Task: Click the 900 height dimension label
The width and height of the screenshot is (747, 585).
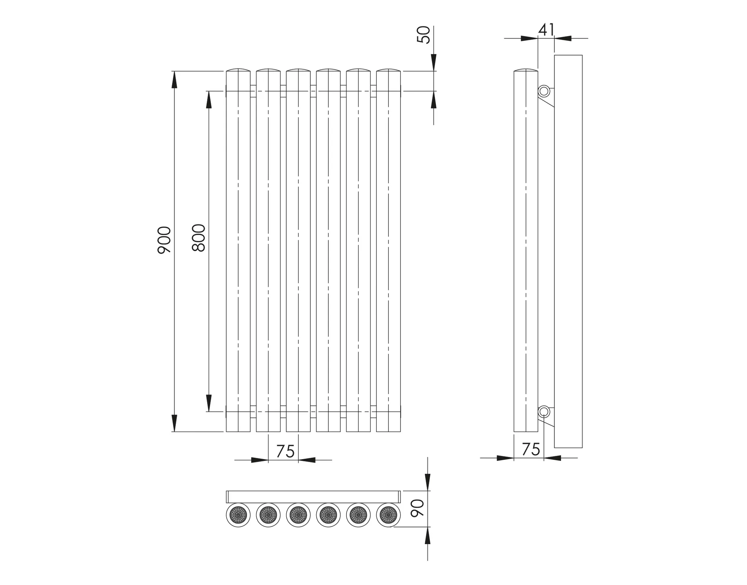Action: (x=164, y=240)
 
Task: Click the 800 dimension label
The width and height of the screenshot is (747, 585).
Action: (x=199, y=238)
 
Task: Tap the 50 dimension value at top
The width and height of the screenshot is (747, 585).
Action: (x=424, y=35)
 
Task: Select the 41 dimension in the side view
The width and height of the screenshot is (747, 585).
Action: (x=546, y=30)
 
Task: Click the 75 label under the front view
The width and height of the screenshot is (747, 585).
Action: (x=285, y=451)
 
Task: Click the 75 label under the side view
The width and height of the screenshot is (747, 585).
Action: (x=531, y=449)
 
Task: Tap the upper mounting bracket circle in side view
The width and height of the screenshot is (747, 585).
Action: (x=544, y=91)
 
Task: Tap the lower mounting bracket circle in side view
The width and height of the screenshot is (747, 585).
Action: (x=544, y=412)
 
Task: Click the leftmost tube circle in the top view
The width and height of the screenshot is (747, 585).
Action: (x=238, y=515)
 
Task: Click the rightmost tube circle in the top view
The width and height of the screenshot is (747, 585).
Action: (x=388, y=515)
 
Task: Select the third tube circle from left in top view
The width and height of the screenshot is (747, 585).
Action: (x=298, y=515)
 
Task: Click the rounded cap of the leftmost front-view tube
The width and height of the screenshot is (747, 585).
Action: (x=238, y=70)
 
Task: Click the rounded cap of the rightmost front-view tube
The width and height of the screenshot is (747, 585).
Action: (x=388, y=70)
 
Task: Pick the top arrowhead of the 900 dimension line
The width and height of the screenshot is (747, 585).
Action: (x=174, y=79)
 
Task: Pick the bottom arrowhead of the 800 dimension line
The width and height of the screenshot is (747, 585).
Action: (x=209, y=403)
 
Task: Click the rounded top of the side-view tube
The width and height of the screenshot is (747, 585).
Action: (x=526, y=70)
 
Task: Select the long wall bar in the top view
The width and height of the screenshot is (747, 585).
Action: (x=313, y=497)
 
